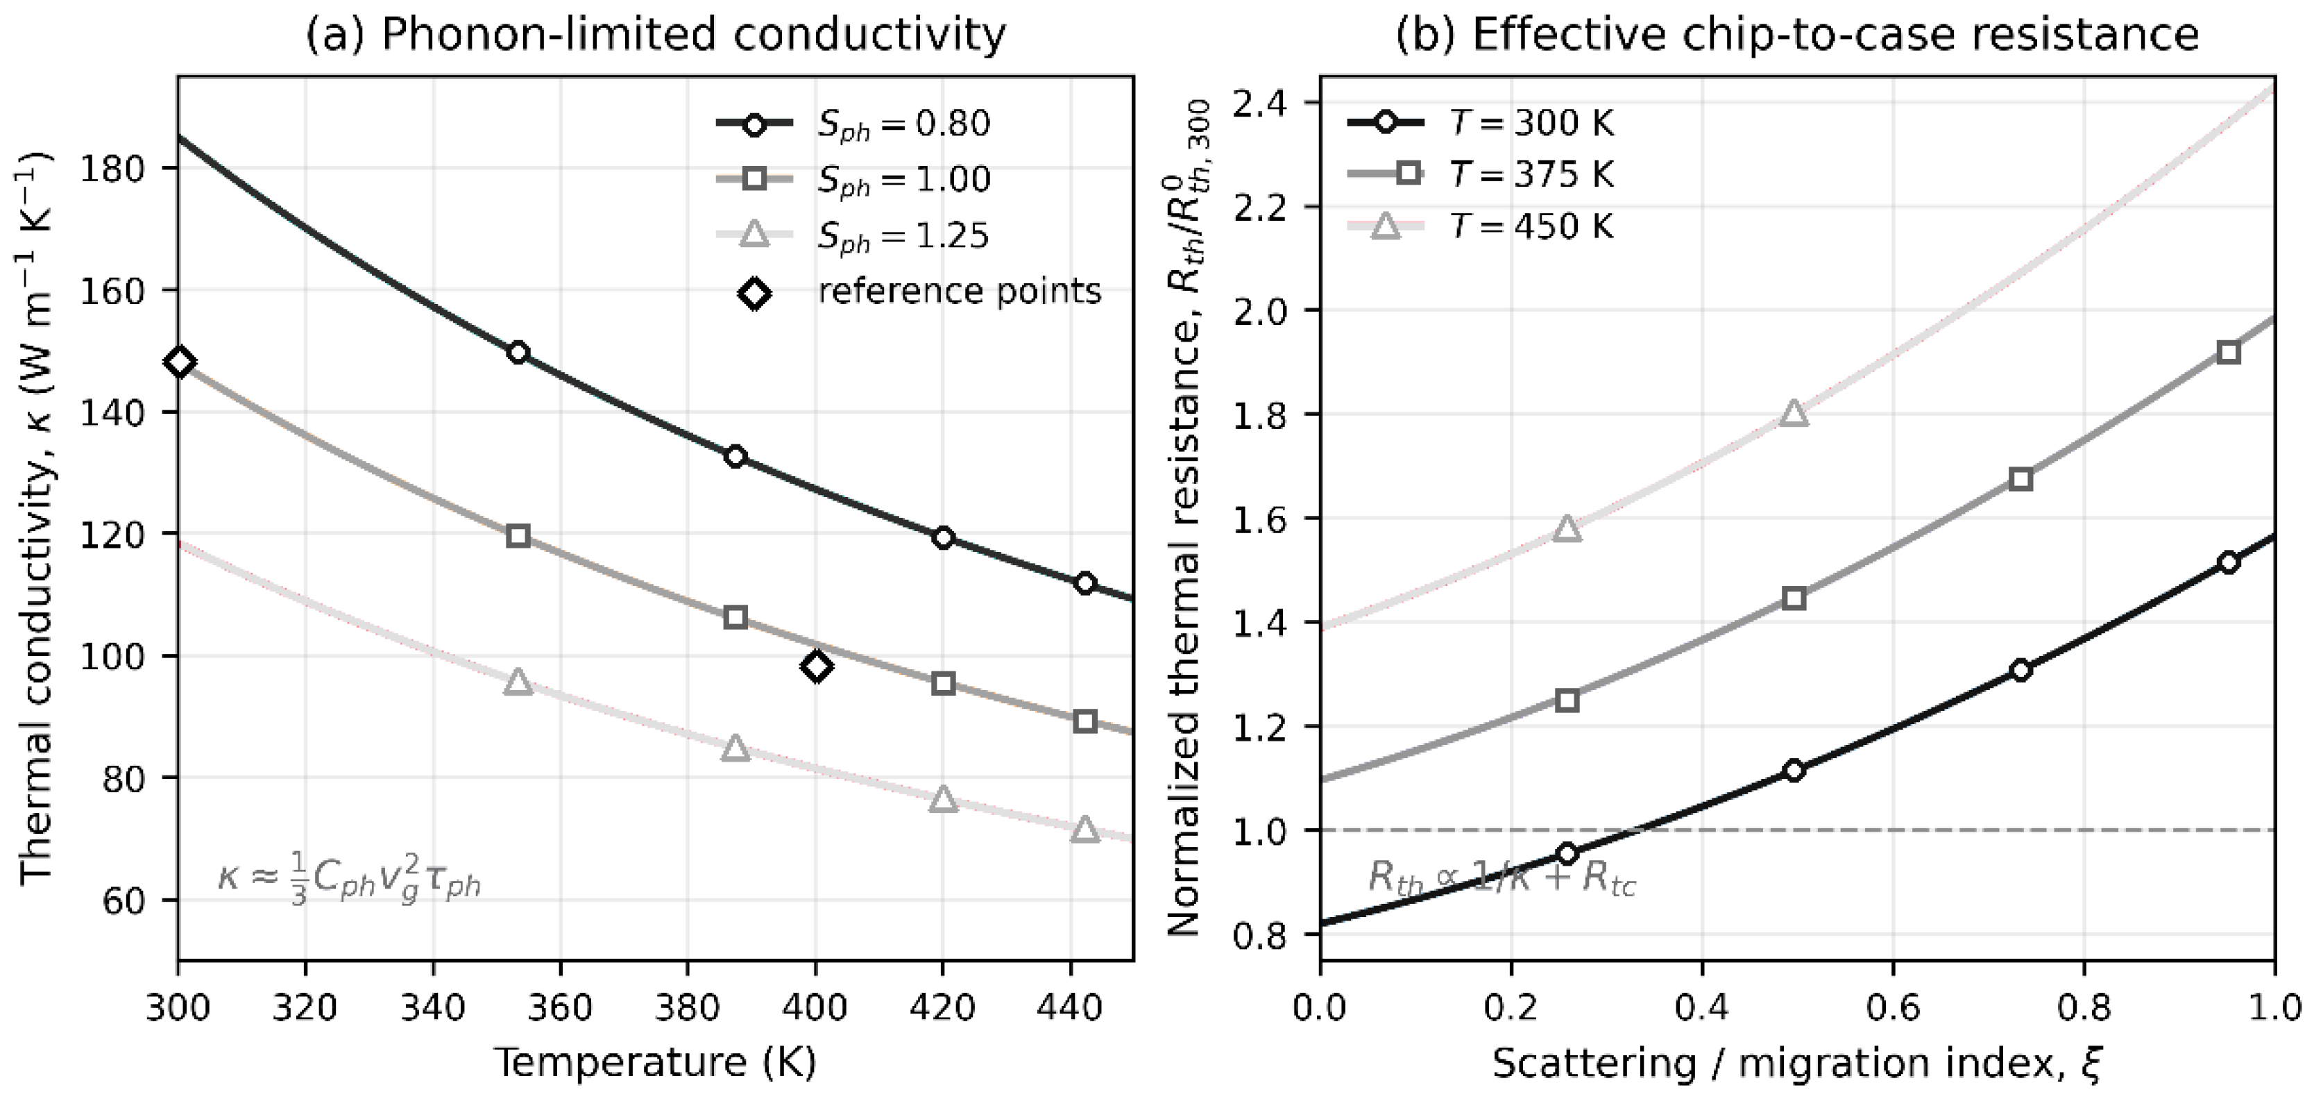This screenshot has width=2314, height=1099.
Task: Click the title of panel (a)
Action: [x=656, y=34]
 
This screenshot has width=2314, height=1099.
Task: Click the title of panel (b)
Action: [x=1796, y=34]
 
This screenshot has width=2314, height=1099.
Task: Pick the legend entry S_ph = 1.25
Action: [x=853, y=235]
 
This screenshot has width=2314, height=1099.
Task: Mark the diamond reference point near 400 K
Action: [x=817, y=666]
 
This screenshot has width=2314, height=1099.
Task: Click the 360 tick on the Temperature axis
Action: [x=561, y=1007]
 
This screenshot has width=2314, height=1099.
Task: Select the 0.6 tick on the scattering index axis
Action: [x=1893, y=1007]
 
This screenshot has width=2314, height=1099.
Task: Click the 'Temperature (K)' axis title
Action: [x=656, y=1063]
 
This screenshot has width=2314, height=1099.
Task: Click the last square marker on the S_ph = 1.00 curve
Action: [x=1085, y=721]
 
